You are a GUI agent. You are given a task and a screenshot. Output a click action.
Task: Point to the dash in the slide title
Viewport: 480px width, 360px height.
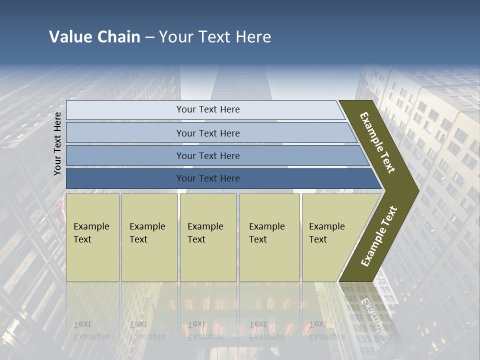[x=149, y=37]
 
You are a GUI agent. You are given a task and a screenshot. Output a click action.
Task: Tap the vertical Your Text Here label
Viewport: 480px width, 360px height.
[x=57, y=143]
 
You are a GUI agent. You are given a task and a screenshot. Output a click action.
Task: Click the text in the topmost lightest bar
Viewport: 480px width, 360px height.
[x=208, y=109]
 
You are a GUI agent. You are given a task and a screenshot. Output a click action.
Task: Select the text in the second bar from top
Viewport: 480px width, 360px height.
[x=208, y=133]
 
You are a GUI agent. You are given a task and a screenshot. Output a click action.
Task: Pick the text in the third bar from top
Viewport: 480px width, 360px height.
[x=208, y=156]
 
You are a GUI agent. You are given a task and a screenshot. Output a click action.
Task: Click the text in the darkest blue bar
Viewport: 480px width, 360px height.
[x=208, y=178]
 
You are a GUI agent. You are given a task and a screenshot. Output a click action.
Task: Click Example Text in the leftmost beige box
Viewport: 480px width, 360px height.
[x=91, y=233]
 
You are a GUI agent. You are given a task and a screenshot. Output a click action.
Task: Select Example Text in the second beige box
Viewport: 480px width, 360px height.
[x=147, y=233]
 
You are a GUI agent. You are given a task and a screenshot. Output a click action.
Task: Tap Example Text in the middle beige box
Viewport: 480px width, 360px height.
[x=205, y=233]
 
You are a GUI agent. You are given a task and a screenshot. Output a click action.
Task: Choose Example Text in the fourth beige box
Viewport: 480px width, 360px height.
[x=266, y=233]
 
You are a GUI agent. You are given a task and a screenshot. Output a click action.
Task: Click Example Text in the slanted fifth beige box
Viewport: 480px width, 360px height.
[x=326, y=233]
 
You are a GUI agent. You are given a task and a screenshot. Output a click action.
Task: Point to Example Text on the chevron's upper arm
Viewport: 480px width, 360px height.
[x=377, y=142]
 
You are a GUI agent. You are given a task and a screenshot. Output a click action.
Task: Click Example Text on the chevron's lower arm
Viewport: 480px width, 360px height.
[x=379, y=236]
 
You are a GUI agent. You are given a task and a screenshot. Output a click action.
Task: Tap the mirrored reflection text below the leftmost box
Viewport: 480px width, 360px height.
[x=91, y=330]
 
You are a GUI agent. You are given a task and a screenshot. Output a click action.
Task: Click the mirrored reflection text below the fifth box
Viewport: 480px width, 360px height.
[x=326, y=330]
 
